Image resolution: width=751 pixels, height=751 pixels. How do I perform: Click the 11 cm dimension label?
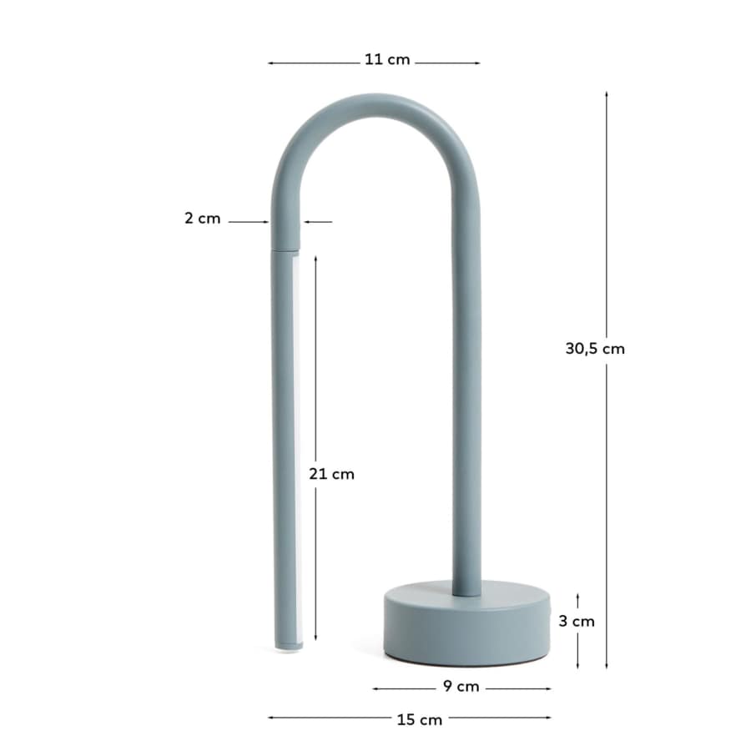click(386, 61)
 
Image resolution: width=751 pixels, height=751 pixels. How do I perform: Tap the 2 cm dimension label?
click(202, 219)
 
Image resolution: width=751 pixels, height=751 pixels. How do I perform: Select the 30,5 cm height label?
click(595, 349)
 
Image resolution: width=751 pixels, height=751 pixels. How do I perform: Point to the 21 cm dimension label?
click(331, 474)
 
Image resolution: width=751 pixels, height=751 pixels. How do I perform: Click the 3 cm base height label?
click(577, 621)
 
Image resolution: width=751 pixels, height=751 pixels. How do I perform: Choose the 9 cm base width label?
click(461, 687)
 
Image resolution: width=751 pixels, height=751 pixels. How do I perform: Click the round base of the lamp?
click(467, 622)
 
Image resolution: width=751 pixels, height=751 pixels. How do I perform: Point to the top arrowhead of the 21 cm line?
click(316, 259)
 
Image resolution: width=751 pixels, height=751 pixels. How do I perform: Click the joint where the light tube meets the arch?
click(285, 247)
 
